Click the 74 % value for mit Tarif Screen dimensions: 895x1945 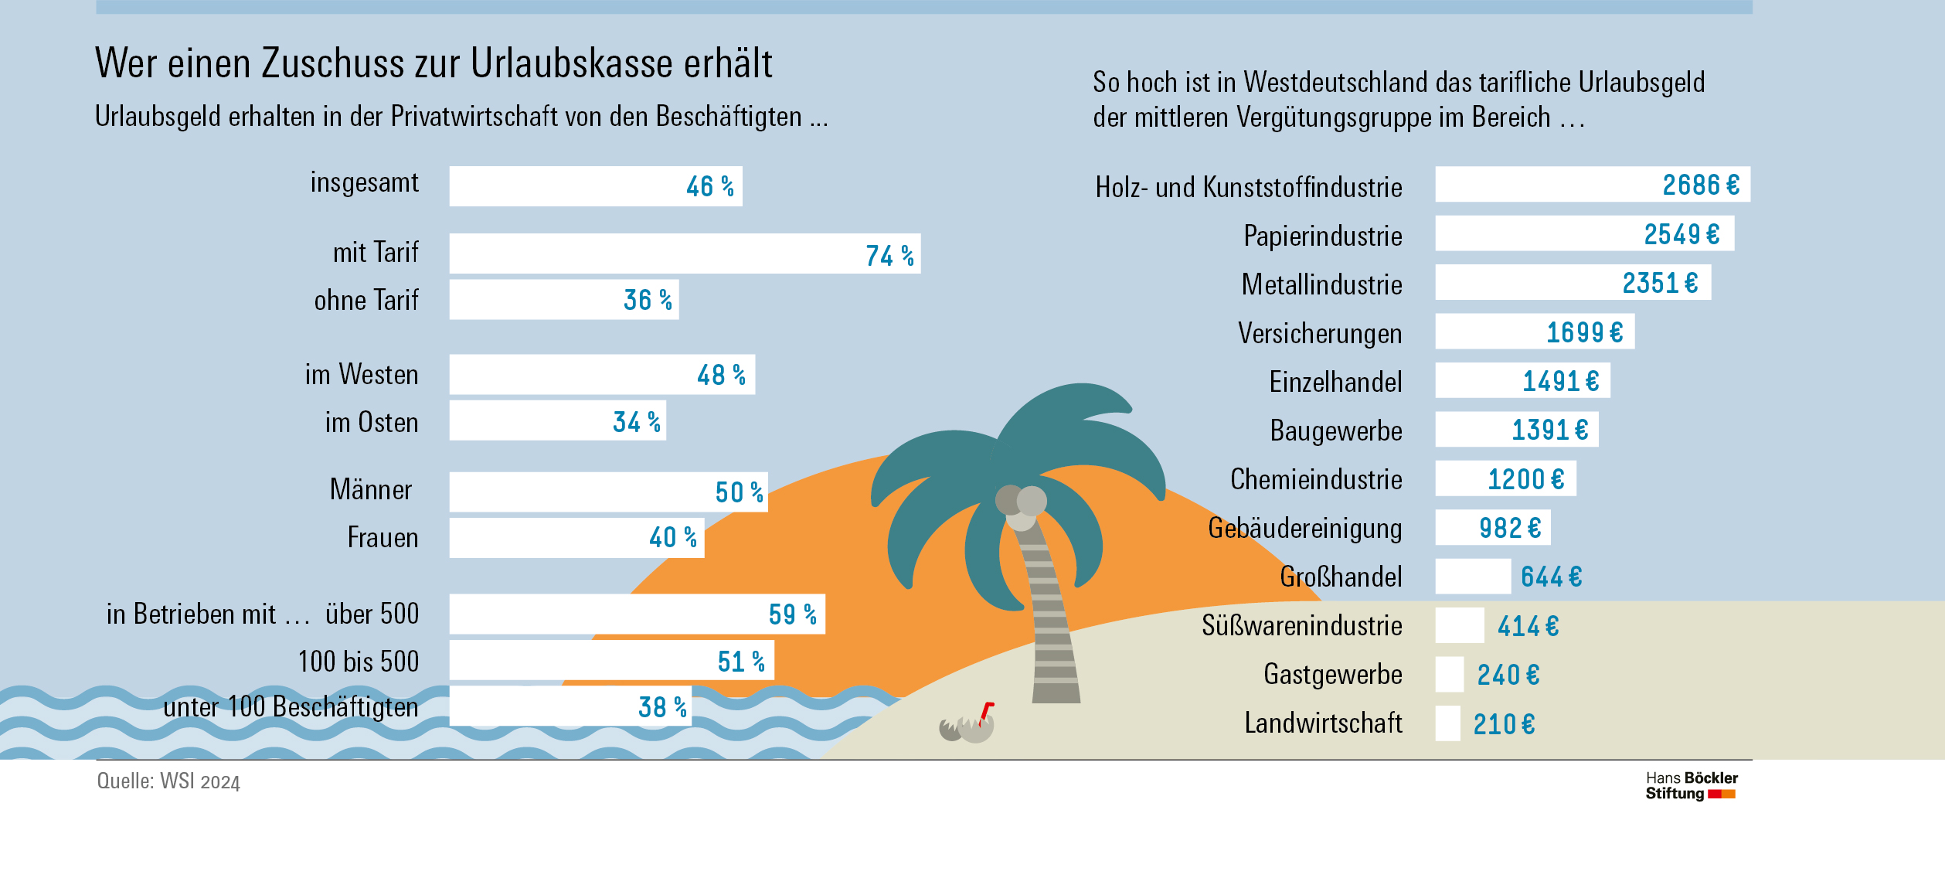889,255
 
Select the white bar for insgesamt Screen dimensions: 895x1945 595,186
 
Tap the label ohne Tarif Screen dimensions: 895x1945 366,300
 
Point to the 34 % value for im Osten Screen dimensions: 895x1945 637,422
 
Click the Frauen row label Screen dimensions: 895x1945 383,537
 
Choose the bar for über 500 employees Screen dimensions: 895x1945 637,614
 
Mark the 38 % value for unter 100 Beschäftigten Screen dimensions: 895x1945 662,707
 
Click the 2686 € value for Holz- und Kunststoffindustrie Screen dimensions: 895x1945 1701,185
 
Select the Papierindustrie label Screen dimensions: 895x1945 1322,236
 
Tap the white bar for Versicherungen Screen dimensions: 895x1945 1534,332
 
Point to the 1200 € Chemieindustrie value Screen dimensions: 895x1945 1526,479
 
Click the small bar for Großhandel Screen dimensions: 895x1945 1473,577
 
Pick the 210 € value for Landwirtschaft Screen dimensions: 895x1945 1504,724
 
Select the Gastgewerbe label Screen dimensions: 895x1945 1332,674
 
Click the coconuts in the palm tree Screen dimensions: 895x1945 1021,506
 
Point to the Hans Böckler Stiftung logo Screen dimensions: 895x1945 1691,785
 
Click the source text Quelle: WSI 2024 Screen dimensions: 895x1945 168,781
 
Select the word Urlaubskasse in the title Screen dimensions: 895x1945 572,63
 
